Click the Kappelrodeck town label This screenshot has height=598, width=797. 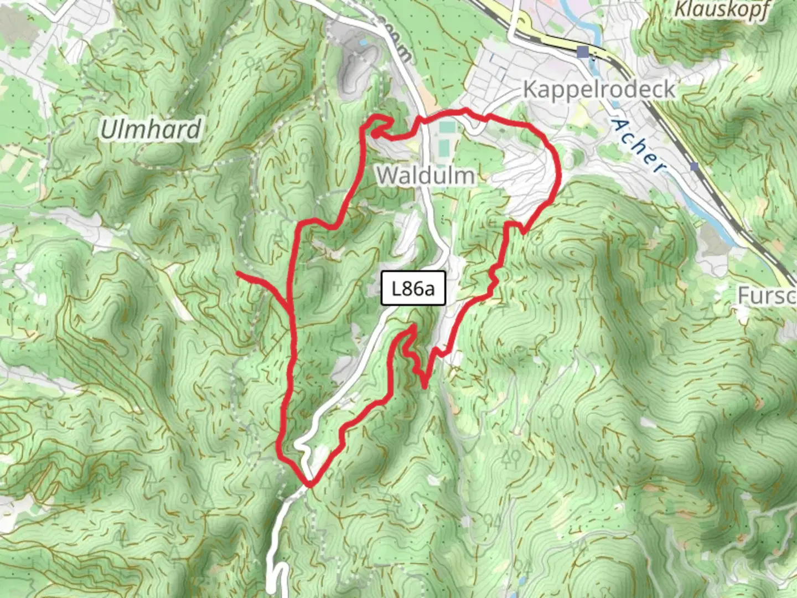click(599, 89)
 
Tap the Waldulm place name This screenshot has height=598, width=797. click(426, 176)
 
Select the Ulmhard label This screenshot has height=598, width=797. click(151, 130)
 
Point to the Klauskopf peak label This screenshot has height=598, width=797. click(722, 10)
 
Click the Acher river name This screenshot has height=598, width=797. click(639, 146)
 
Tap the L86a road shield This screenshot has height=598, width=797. click(413, 288)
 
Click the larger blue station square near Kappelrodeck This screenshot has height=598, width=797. click(582, 53)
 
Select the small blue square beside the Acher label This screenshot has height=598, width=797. click(694, 166)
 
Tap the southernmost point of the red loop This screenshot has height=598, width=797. click(310, 485)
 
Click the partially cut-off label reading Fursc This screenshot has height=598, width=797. click(767, 296)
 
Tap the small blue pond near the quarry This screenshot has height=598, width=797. click(363, 42)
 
